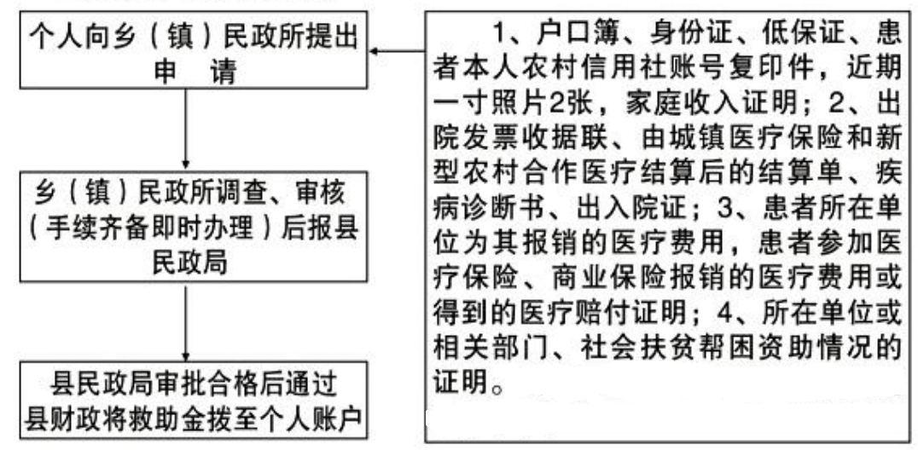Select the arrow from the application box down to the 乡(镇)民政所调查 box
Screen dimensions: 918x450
[186, 130]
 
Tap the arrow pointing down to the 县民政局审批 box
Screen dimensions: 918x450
[186, 323]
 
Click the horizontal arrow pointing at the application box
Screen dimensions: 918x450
[398, 51]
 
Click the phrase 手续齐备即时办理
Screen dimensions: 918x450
[155, 229]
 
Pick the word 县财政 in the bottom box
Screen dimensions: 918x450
[62, 420]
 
